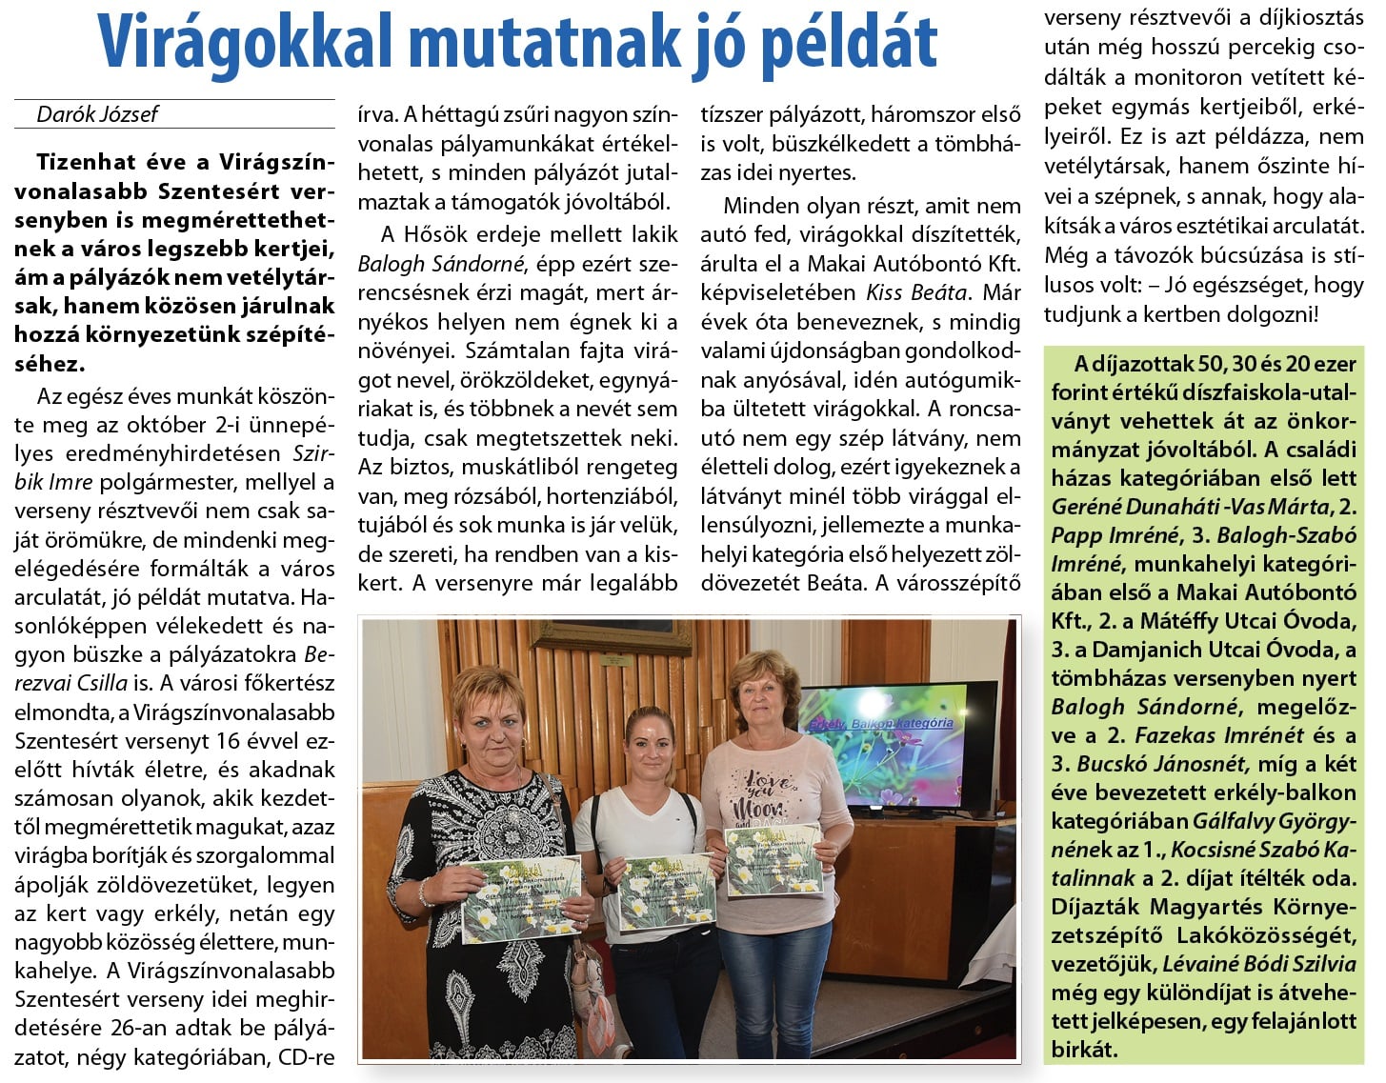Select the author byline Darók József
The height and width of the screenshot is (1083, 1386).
[x=97, y=114]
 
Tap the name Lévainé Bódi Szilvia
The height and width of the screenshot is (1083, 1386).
[x=1255, y=964]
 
